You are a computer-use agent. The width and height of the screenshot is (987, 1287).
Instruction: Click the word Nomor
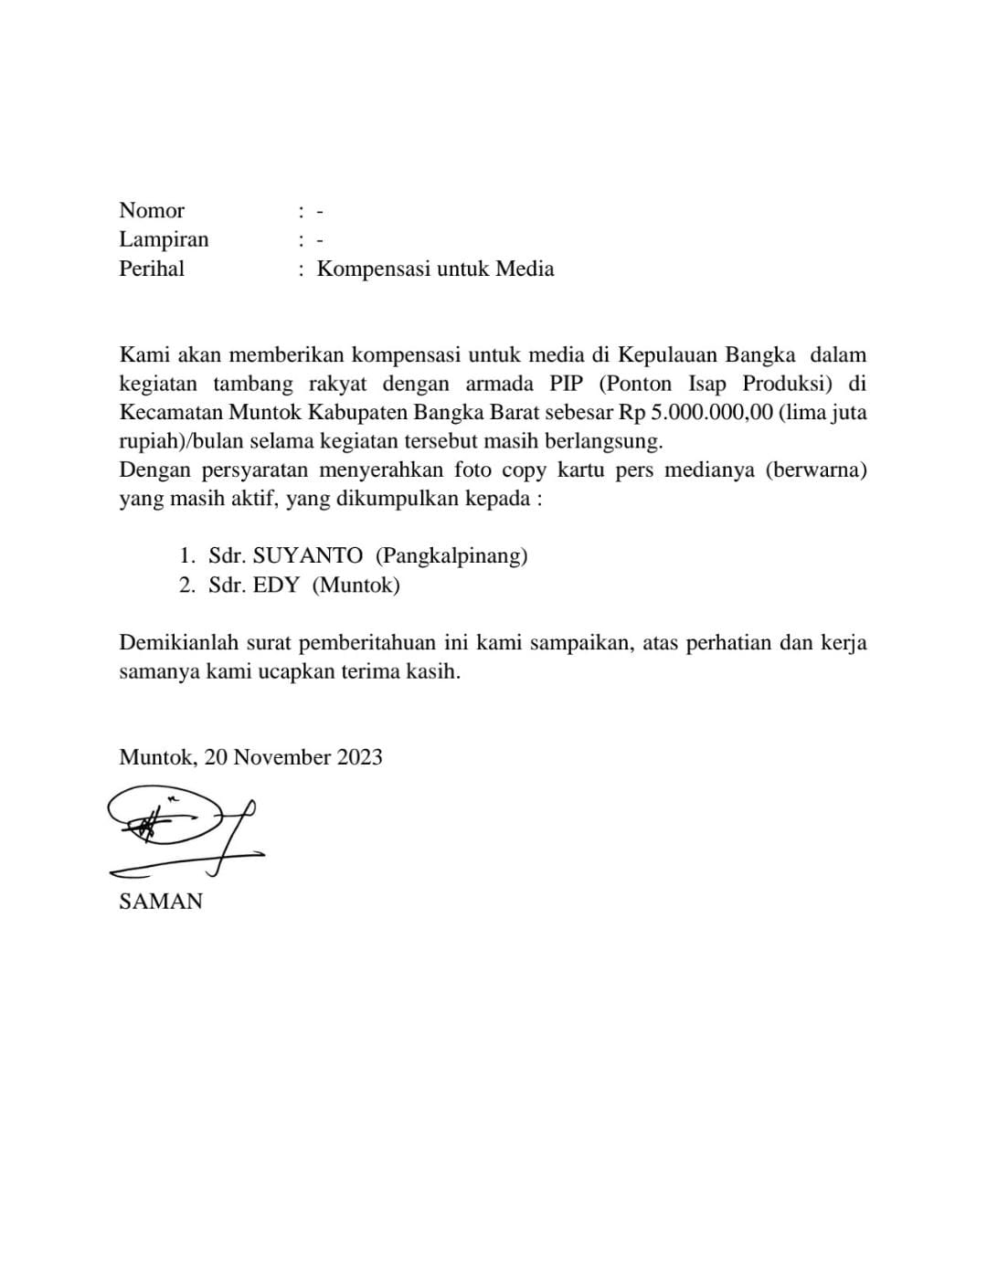tap(152, 211)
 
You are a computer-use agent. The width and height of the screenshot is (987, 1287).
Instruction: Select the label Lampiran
tap(164, 239)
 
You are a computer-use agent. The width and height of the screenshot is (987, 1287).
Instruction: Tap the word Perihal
tap(152, 269)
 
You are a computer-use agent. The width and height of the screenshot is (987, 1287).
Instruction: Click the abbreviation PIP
tap(566, 383)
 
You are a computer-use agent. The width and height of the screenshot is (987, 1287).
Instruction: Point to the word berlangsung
tap(608, 441)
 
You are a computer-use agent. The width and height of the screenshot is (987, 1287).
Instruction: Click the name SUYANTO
tap(307, 555)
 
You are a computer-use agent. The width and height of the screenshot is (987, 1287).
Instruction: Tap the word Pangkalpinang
tap(451, 555)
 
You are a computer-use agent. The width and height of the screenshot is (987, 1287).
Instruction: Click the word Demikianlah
tap(180, 642)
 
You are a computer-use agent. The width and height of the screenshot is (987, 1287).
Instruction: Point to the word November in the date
tap(281, 757)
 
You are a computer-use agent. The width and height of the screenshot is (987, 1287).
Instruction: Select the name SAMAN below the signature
tap(161, 902)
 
